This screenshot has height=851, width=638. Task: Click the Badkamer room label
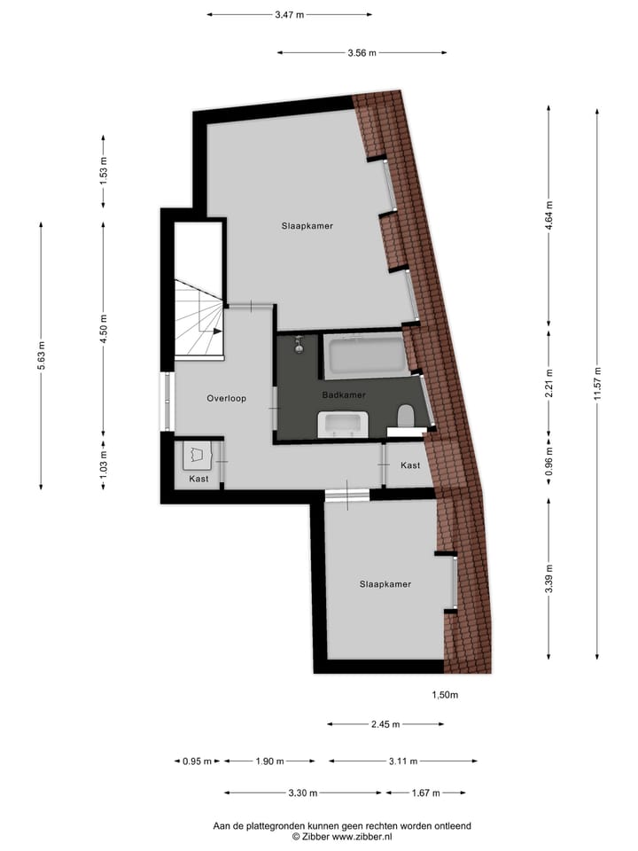pyautogui.click(x=344, y=395)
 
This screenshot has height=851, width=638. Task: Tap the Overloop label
pyautogui.click(x=226, y=398)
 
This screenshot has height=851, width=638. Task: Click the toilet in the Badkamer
pyautogui.click(x=407, y=416)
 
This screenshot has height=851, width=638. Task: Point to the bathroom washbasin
pyautogui.click(x=342, y=425)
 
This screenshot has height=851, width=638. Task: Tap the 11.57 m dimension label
pyautogui.click(x=598, y=385)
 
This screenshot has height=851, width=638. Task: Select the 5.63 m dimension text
pyautogui.click(x=42, y=355)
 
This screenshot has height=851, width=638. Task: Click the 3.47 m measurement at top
pyautogui.click(x=289, y=14)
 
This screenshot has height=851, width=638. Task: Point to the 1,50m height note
pyautogui.click(x=445, y=695)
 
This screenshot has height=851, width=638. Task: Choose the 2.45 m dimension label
pyautogui.click(x=385, y=724)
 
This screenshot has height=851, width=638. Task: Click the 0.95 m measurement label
pyautogui.click(x=198, y=761)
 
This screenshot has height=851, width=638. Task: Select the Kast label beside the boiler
pyautogui.click(x=198, y=479)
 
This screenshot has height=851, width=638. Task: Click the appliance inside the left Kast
pyautogui.click(x=196, y=456)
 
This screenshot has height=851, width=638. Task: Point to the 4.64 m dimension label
pyautogui.click(x=549, y=215)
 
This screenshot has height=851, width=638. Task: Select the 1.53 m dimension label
pyautogui.click(x=104, y=168)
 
